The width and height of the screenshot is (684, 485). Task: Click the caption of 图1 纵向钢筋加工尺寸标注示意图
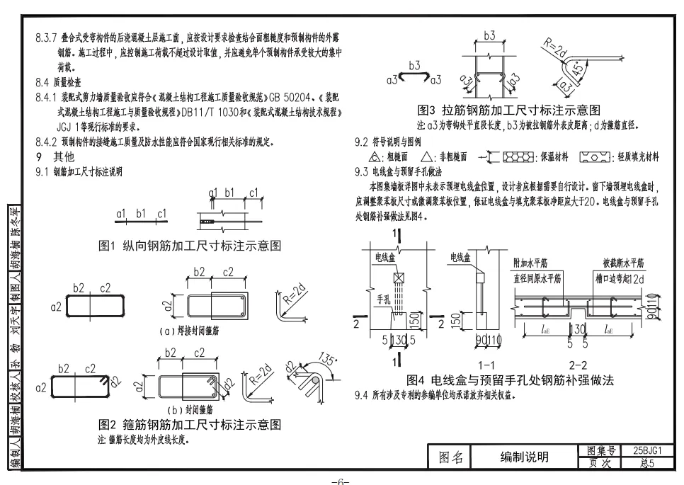[x=190, y=246]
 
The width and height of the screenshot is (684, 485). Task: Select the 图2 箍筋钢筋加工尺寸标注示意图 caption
[x=190, y=425]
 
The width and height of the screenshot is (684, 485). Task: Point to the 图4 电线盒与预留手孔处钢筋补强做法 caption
[x=505, y=380]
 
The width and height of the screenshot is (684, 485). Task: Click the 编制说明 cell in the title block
[x=524, y=457]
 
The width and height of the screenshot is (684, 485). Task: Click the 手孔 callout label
[x=383, y=300]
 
